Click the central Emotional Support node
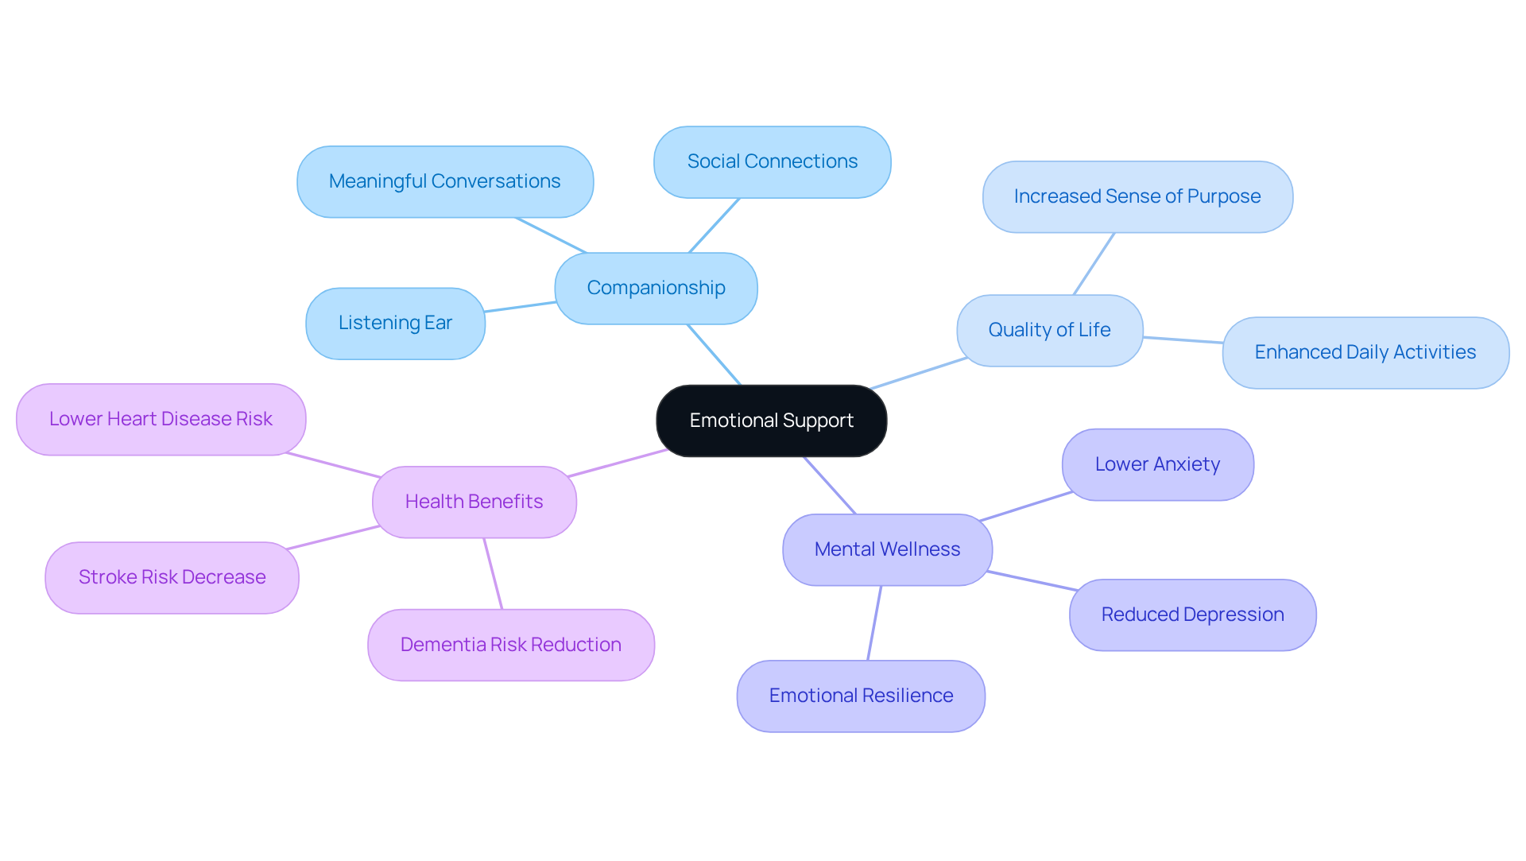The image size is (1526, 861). click(x=771, y=421)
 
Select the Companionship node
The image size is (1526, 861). click(x=656, y=288)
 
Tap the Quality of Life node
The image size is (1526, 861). click(x=1049, y=330)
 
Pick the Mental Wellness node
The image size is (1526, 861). click(x=887, y=549)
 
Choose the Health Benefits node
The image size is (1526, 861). click(x=474, y=502)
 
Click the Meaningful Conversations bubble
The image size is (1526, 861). click(x=444, y=181)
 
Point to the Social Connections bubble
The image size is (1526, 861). click(x=772, y=161)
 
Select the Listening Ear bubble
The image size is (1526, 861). click(x=395, y=323)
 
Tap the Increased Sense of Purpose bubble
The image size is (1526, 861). click(x=1137, y=196)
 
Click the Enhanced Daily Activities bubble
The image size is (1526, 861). click(x=1365, y=352)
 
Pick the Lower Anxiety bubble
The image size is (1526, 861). click(x=1157, y=464)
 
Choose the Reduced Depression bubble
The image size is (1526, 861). click(x=1192, y=615)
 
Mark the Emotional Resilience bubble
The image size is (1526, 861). click(x=861, y=696)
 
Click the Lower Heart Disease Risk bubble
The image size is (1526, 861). click(x=161, y=419)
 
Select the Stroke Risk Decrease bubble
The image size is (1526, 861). click(x=172, y=577)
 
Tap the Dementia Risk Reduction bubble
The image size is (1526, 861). click(x=510, y=645)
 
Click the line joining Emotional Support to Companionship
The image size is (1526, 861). click(x=714, y=355)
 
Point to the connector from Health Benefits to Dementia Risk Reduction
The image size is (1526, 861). click(x=493, y=574)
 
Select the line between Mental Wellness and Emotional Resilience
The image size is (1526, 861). click(x=874, y=623)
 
